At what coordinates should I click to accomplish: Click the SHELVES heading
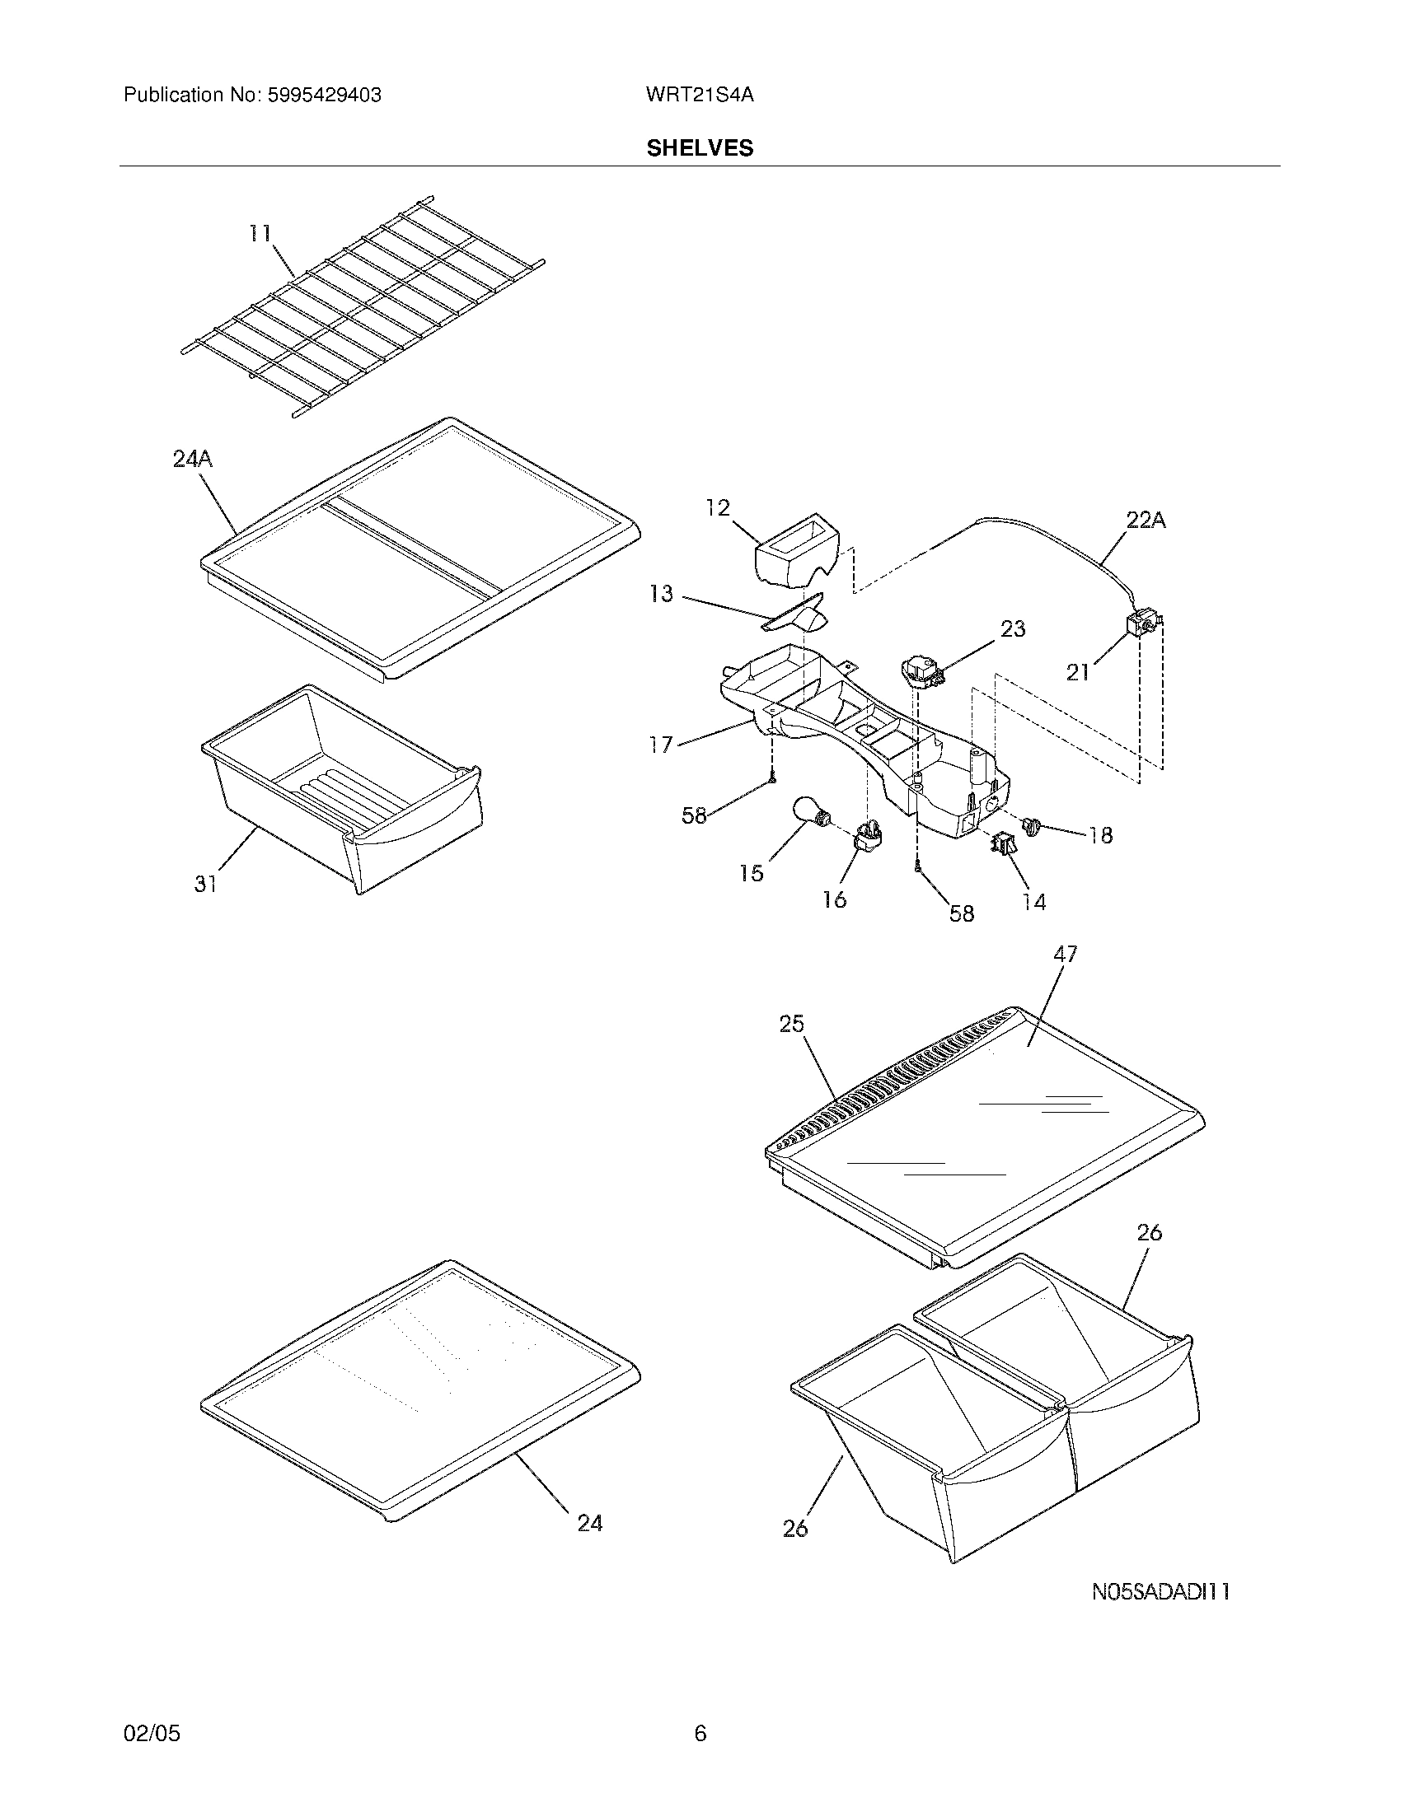(x=700, y=148)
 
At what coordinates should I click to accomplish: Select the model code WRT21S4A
(x=699, y=96)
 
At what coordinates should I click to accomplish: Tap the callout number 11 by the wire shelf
(x=260, y=234)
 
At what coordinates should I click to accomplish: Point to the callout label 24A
(x=193, y=459)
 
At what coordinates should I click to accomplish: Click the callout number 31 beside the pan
(x=206, y=885)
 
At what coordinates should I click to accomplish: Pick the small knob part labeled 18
(x=1032, y=825)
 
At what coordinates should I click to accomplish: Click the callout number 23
(x=1013, y=629)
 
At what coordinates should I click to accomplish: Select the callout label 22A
(x=1146, y=521)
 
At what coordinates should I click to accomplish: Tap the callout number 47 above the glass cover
(x=1065, y=955)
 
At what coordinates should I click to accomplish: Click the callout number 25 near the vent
(x=791, y=1025)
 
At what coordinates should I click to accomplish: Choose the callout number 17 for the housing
(x=661, y=745)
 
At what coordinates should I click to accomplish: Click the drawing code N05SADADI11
(x=1160, y=1592)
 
